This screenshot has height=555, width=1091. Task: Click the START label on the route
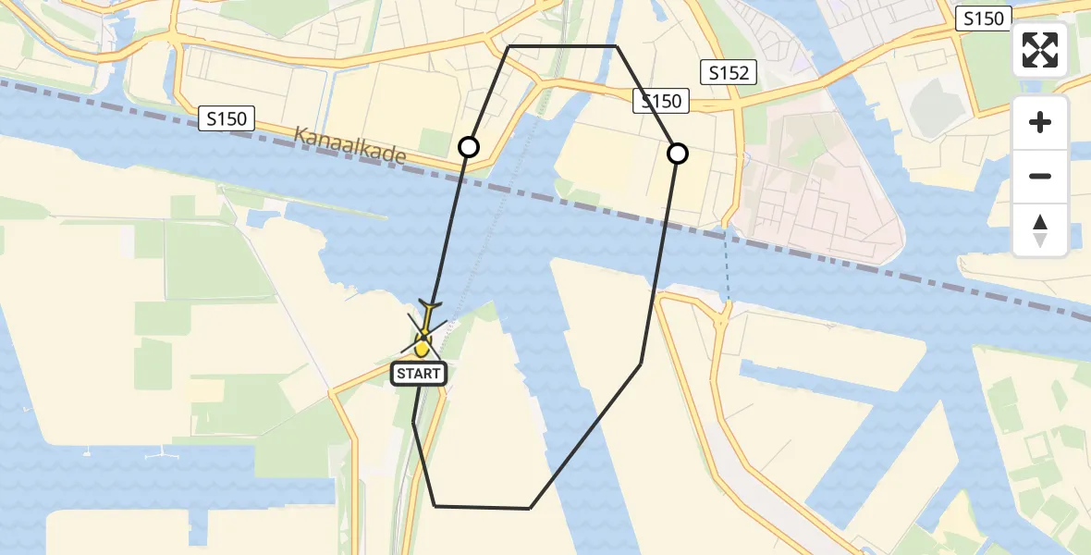point(420,374)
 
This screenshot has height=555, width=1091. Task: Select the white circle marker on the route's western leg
point(469,147)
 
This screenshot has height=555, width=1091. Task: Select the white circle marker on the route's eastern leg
point(678,154)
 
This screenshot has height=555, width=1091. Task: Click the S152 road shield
point(729,72)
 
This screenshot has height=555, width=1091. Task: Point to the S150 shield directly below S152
point(662,101)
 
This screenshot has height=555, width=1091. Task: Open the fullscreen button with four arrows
point(1040,50)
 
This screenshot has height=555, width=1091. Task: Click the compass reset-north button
point(1040,230)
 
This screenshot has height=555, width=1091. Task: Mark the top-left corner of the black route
point(509,46)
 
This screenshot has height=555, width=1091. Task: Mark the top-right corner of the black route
point(616,46)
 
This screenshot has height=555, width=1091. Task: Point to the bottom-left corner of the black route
point(435,506)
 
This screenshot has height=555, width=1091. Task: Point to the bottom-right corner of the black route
point(530,508)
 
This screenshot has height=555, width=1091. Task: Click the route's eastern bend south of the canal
point(641,364)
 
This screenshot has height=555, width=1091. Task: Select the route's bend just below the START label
point(413,422)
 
